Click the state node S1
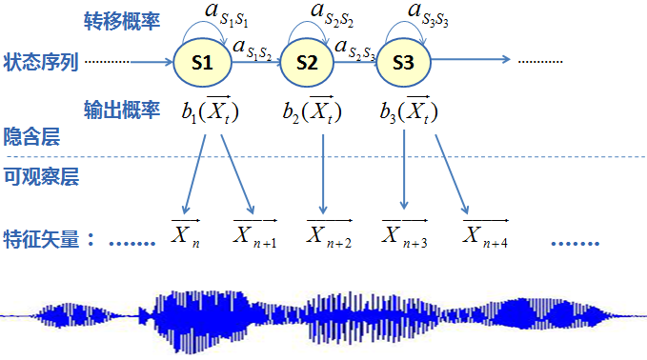coord(203,63)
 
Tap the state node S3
coord(404,63)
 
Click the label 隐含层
coord(31,137)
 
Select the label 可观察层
coord(42,175)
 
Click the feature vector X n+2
coord(329,233)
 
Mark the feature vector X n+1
coord(255,233)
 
